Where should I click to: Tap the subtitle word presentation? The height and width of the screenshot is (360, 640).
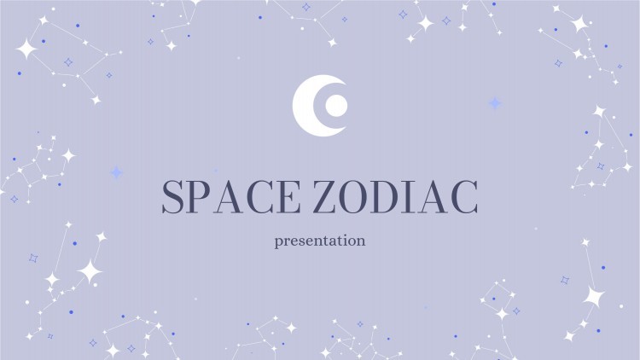[320, 241]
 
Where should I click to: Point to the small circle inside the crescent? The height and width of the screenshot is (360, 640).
[335, 105]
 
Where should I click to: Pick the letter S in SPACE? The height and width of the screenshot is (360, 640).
[173, 199]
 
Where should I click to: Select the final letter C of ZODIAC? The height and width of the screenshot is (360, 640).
[462, 199]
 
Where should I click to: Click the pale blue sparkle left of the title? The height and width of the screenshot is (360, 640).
[116, 172]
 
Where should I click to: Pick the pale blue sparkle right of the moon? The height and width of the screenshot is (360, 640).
[494, 103]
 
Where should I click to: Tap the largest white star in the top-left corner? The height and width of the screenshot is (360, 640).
[26, 49]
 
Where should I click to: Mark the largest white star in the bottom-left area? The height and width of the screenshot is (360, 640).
[89, 271]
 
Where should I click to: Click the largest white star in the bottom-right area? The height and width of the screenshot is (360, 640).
[593, 296]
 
